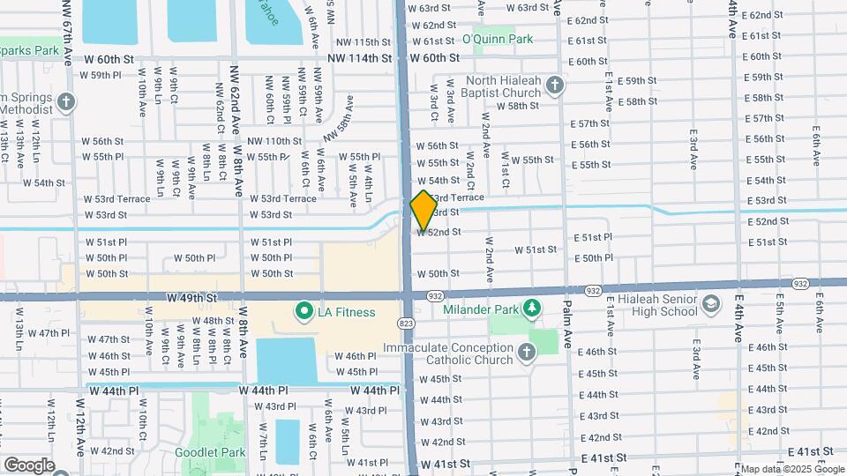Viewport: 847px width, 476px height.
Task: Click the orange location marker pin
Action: [x=423, y=210]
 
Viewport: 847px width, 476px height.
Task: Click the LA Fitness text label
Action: [x=347, y=312]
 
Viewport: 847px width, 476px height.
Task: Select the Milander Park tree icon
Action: [x=530, y=306]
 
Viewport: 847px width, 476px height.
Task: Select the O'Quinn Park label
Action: [x=498, y=39]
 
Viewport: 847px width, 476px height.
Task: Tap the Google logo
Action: [x=29, y=465]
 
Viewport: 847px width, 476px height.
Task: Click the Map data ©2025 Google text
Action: [x=791, y=468]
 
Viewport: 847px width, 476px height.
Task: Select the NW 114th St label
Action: [x=358, y=58]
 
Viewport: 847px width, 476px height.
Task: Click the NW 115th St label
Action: [x=364, y=42]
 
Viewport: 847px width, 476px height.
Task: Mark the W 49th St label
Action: [x=191, y=297]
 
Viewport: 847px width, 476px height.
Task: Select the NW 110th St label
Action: [x=274, y=141]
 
